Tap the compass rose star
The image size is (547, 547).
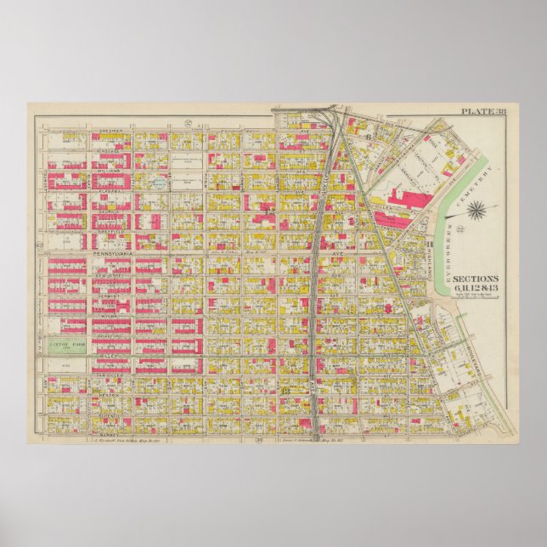[479, 207]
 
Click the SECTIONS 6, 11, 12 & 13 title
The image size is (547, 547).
[476, 284]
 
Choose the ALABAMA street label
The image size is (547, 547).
[112, 191]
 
